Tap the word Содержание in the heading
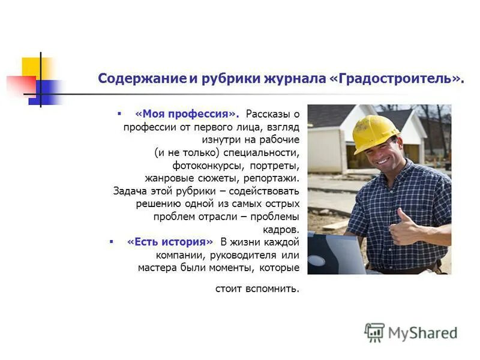[142, 79]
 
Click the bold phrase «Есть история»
[170, 242]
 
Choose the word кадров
[281, 229]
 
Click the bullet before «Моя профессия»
[119, 113]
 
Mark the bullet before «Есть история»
[111, 241]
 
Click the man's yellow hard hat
[374, 132]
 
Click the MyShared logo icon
[374, 332]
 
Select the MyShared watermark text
[422, 332]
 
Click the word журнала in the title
[292, 79]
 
